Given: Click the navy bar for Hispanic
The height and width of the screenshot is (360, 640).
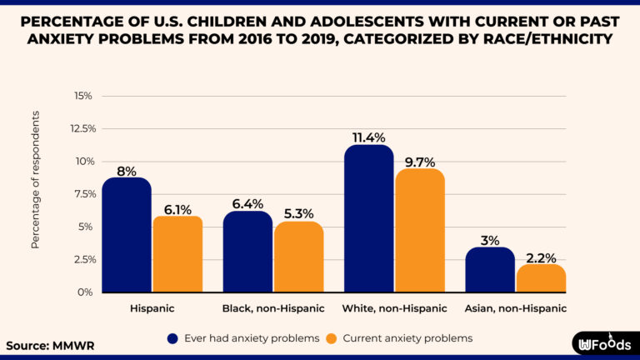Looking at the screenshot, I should (127, 235).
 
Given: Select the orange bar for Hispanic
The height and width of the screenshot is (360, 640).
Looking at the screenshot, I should (177, 254).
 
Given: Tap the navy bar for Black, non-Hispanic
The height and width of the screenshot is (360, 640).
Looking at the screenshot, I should (248, 252).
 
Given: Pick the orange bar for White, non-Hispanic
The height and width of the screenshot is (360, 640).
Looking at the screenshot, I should (420, 231).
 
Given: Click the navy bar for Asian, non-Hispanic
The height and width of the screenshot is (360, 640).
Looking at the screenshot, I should (490, 270).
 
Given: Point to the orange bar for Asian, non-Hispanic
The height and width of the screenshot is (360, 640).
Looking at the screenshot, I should (541, 278).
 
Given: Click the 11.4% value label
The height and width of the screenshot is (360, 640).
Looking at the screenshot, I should (368, 137).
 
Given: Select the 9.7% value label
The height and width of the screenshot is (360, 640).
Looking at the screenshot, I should (420, 162).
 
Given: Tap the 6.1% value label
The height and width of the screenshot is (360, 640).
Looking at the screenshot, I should (177, 209).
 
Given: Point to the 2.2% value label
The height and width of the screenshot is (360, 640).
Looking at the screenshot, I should (541, 257).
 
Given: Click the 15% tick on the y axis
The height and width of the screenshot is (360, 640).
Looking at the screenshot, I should (83, 96).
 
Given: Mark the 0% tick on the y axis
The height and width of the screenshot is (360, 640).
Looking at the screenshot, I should (85, 292).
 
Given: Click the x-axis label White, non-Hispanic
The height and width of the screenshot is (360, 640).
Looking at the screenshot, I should (395, 308).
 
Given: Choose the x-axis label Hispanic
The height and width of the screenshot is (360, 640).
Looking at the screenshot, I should (152, 308).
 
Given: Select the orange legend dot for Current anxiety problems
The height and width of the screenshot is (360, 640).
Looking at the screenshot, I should (332, 338).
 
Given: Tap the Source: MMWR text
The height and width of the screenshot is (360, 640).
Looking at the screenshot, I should (46, 344).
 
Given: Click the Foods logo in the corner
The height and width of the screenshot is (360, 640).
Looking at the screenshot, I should (602, 343).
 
